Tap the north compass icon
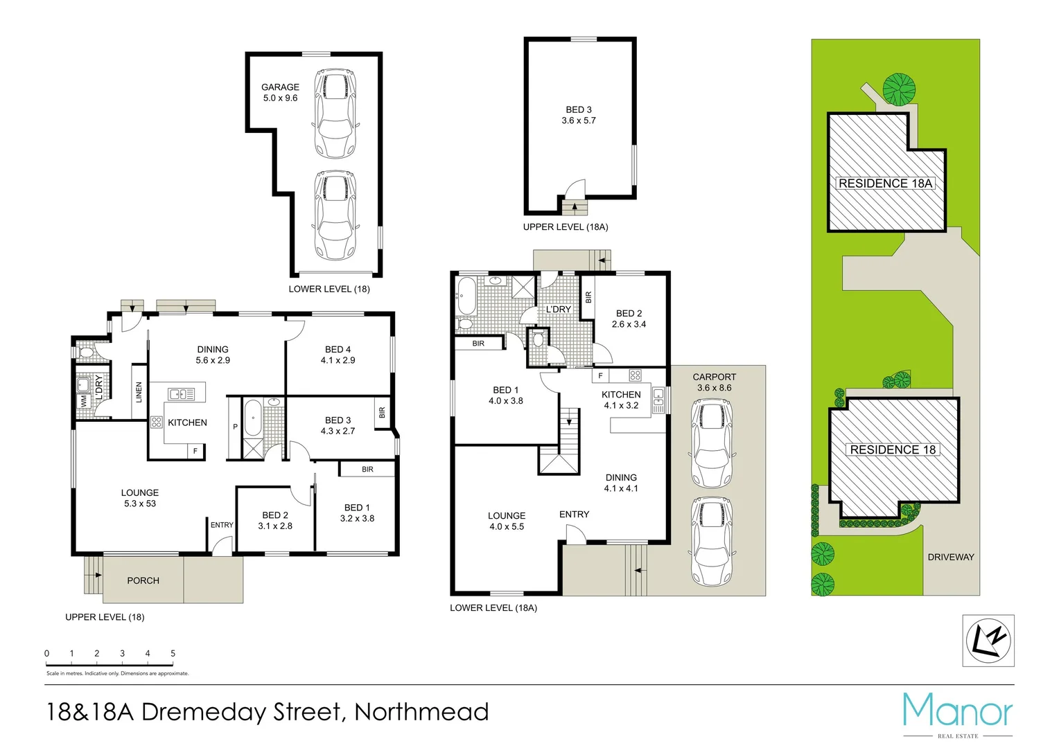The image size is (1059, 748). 989,641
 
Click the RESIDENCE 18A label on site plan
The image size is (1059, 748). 885,184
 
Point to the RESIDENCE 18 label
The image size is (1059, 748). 893,449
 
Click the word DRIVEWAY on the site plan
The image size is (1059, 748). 950,557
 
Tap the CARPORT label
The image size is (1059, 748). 714,377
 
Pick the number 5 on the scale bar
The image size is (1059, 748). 173,653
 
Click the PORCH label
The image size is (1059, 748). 143,580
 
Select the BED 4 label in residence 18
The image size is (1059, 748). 338,350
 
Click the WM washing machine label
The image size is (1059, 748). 84,401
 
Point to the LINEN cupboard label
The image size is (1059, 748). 139,393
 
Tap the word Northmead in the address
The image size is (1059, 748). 421,712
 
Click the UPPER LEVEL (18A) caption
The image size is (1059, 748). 565,227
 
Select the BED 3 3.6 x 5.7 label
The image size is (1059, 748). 579,115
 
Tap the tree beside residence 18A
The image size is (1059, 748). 899,89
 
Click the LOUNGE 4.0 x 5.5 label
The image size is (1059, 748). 506,521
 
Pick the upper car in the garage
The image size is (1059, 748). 335,113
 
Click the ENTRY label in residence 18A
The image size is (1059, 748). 574,515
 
